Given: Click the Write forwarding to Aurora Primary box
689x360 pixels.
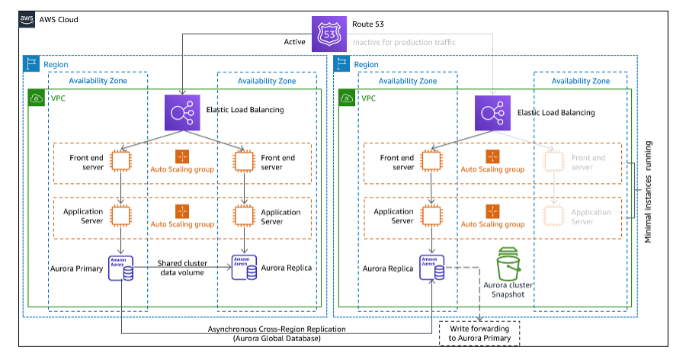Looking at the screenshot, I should [480, 333].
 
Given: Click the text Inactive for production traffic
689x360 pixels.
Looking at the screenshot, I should [404, 42].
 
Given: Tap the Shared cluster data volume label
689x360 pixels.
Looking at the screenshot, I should [183, 268].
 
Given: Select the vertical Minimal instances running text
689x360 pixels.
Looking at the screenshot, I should [649, 191].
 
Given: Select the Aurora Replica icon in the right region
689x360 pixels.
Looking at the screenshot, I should [432, 268].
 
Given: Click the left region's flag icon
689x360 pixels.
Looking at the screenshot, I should [31, 65].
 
